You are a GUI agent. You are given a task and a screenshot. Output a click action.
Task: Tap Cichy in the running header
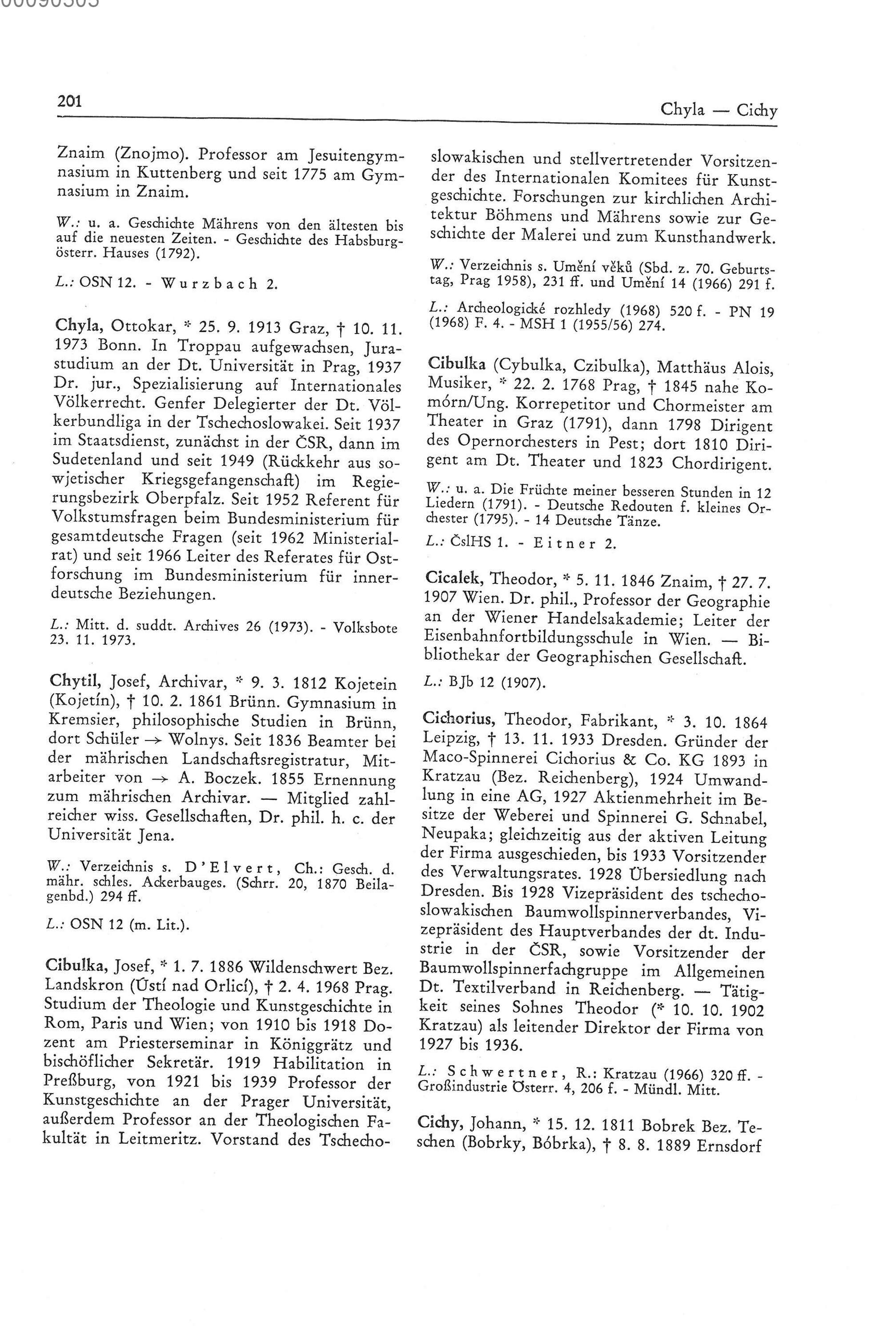[x=757, y=110]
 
